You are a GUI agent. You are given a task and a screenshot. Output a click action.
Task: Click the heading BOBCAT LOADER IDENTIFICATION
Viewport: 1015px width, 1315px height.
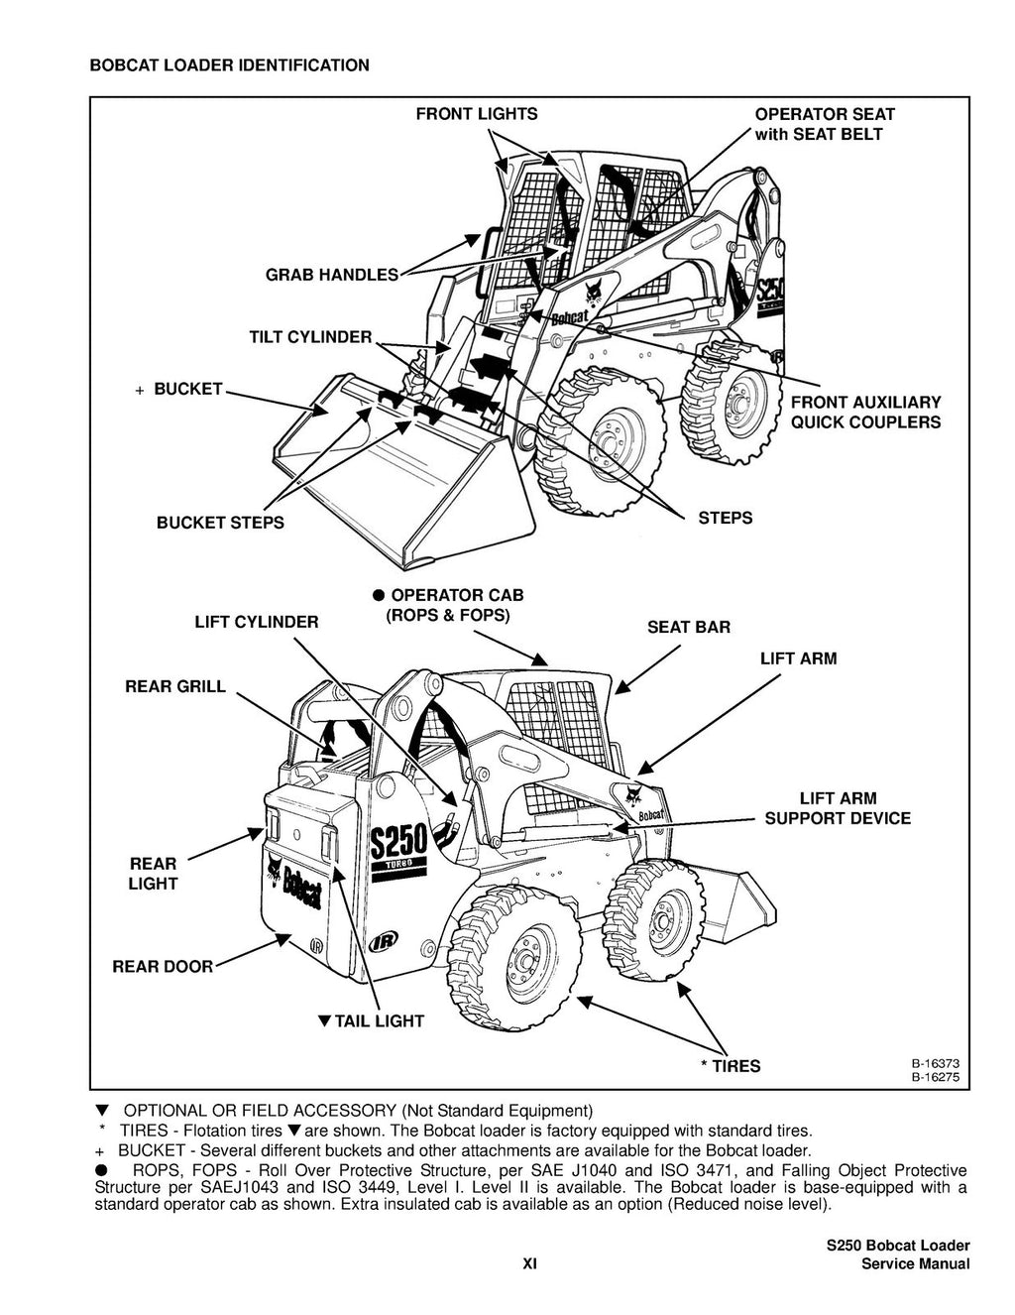point(229,65)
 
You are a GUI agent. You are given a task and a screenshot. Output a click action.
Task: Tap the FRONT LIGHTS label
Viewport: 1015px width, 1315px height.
point(476,114)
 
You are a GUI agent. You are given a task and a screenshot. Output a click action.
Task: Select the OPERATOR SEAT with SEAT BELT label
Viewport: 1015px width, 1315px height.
point(824,124)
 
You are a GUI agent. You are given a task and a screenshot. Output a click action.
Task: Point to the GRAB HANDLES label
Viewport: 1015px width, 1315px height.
point(331,275)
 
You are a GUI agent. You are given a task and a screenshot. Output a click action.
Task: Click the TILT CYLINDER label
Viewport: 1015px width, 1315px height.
point(309,337)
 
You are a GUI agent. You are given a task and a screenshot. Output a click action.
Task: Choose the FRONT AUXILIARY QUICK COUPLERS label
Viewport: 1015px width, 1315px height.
point(864,412)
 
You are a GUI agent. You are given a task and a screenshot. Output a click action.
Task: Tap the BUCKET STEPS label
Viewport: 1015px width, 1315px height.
point(219,523)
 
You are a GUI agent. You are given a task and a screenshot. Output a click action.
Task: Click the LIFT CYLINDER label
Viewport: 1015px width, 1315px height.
point(256,622)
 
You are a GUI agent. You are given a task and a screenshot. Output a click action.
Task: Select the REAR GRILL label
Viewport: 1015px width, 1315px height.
point(174,686)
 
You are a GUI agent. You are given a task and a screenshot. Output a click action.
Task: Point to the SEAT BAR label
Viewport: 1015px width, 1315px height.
point(688,627)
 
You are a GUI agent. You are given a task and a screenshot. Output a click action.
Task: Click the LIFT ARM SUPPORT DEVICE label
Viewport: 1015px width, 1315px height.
point(837,808)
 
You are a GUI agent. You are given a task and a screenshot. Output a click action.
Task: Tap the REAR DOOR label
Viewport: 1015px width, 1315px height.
point(162,966)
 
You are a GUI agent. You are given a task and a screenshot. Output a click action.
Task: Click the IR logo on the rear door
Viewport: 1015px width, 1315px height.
point(316,944)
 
